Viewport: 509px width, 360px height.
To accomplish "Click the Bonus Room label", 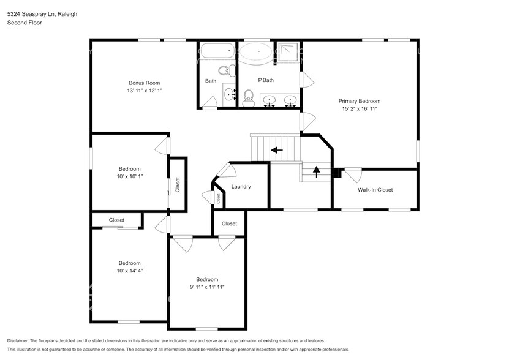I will point(144,83).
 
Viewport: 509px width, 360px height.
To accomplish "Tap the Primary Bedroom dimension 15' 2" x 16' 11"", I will point(360,109).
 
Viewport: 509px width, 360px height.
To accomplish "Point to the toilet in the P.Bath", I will point(248,97).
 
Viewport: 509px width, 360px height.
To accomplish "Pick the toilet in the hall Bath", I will point(228,69).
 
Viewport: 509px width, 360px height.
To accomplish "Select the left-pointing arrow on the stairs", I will point(277,149).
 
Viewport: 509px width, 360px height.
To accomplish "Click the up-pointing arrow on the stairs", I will point(316,171).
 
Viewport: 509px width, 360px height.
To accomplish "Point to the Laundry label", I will point(241,187).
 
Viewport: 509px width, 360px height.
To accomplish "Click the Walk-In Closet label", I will point(375,190).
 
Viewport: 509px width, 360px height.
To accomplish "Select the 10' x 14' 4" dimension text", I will point(129,270).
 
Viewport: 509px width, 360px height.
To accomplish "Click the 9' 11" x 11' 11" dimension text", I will point(207,285).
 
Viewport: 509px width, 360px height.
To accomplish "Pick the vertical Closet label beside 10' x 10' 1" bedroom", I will point(178,185).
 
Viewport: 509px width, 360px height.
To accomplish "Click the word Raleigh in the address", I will point(66,13).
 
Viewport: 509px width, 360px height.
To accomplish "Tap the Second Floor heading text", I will point(23,23).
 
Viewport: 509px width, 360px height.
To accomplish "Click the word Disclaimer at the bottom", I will point(21,340).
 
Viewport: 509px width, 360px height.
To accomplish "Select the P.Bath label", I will point(265,80).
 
